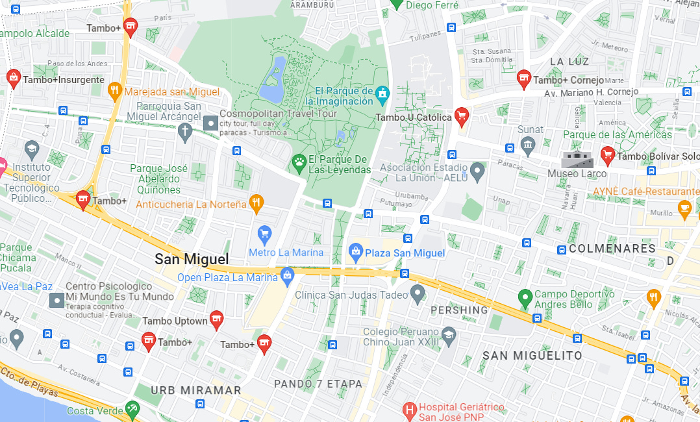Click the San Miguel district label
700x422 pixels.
tap(192, 259)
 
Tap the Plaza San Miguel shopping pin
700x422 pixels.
tap(355, 251)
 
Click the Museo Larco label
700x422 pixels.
tap(577, 173)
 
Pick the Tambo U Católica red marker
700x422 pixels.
tap(461, 116)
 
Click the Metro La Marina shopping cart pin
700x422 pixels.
tap(264, 234)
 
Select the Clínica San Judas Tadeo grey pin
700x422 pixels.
tap(418, 294)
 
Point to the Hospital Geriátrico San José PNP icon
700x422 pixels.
tap(409, 410)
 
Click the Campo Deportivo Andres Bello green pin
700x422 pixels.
tap(525, 298)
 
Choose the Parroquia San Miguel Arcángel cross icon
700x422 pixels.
tap(185, 132)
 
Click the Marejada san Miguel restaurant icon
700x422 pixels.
tap(115, 90)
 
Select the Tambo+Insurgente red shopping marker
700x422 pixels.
tap(13, 78)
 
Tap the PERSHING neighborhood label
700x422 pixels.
tap(459, 310)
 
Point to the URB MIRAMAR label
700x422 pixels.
tap(195, 391)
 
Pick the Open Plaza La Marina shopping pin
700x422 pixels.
tap(287, 275)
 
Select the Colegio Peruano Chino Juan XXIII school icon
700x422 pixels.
tap(448, 334)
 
